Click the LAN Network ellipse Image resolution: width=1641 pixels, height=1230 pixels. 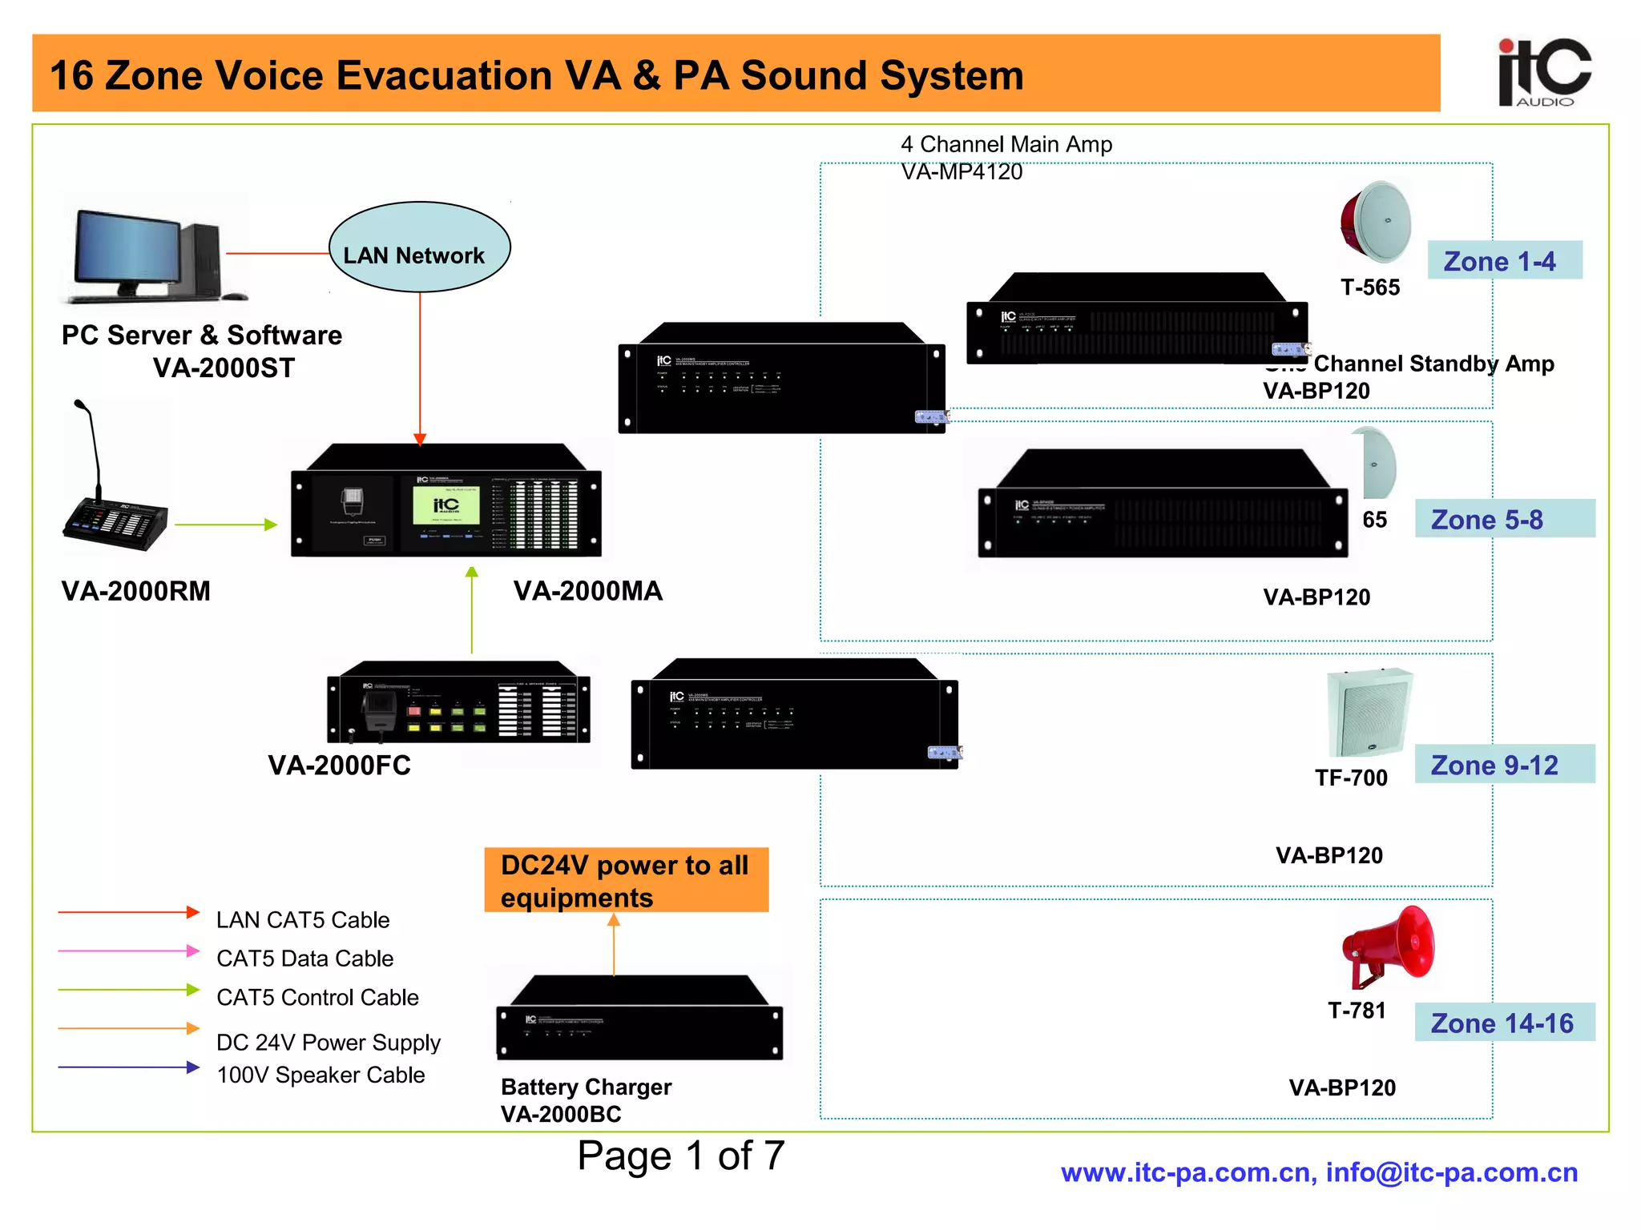(419, 247)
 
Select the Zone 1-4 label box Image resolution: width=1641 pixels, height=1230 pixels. (1504, 260)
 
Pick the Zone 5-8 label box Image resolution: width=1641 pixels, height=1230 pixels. (1504, 519)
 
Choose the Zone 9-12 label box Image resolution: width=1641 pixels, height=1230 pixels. (1504, 764)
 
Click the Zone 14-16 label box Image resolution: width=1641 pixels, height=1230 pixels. (1504, 1023)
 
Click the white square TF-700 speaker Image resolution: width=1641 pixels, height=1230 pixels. (1369, 713)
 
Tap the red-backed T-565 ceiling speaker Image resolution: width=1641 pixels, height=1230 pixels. (1376, 222)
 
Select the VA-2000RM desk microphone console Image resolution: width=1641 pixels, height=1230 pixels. (116, 512)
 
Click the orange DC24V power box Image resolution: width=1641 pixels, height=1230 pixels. (626, 880)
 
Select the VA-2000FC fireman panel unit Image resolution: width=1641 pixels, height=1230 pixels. (458, 702)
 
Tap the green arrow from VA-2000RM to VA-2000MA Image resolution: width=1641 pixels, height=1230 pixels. (225, 525)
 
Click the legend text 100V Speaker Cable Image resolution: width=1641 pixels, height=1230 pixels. (321, 1075)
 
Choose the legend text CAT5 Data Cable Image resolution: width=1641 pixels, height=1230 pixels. (304, 958)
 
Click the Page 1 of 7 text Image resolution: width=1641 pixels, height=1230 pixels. (680, 1156)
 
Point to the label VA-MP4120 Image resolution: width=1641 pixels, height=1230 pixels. (962, 171)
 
